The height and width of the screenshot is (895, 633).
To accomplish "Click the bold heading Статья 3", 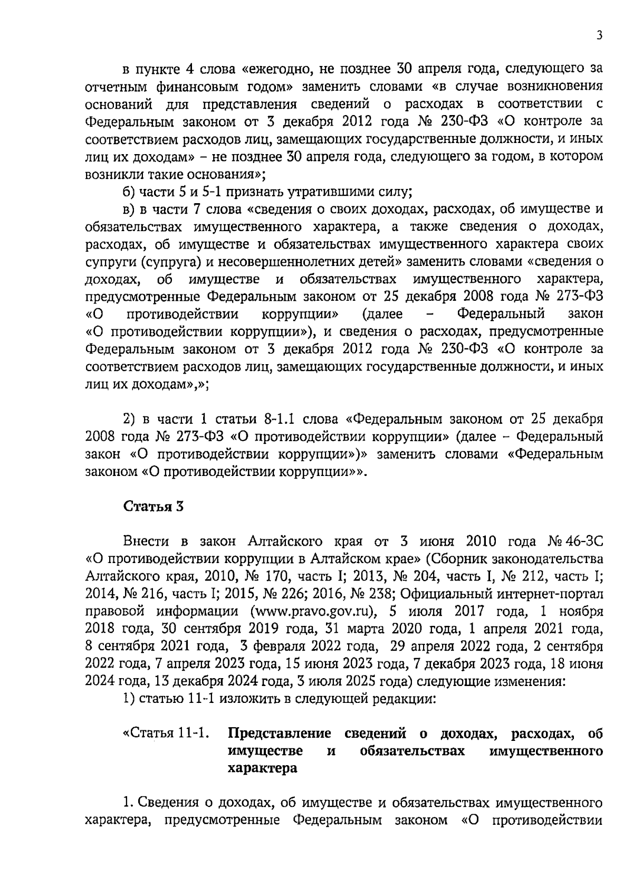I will pos(154,506).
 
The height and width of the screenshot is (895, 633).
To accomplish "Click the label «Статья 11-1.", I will pos(165,734).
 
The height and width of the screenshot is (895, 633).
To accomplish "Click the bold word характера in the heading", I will pos(262,768).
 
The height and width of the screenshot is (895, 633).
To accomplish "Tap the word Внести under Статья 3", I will pos(147,541).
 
